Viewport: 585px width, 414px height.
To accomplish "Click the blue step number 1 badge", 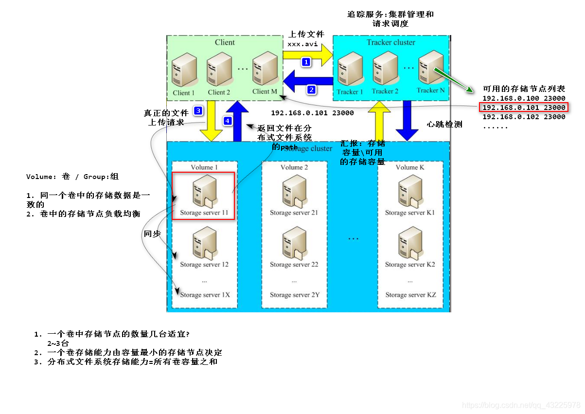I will click(306, 62).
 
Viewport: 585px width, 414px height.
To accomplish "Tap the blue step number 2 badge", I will click(312, 90).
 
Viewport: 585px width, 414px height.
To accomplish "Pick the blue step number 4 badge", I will click(227, 120).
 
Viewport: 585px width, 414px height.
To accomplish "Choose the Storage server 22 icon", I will click(294, 244).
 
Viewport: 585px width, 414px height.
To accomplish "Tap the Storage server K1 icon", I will click(409, 191).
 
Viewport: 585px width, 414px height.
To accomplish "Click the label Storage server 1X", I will click(205, 295).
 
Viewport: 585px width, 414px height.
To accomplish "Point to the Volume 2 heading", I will click(294, 167).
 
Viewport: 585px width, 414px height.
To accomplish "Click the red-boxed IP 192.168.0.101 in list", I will click(523, 108).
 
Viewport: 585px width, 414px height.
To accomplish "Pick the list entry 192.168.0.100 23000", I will click(523, 98).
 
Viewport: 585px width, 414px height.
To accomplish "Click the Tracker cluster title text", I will click(390, 42).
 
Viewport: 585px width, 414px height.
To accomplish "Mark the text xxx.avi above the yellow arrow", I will click(302, 44).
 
